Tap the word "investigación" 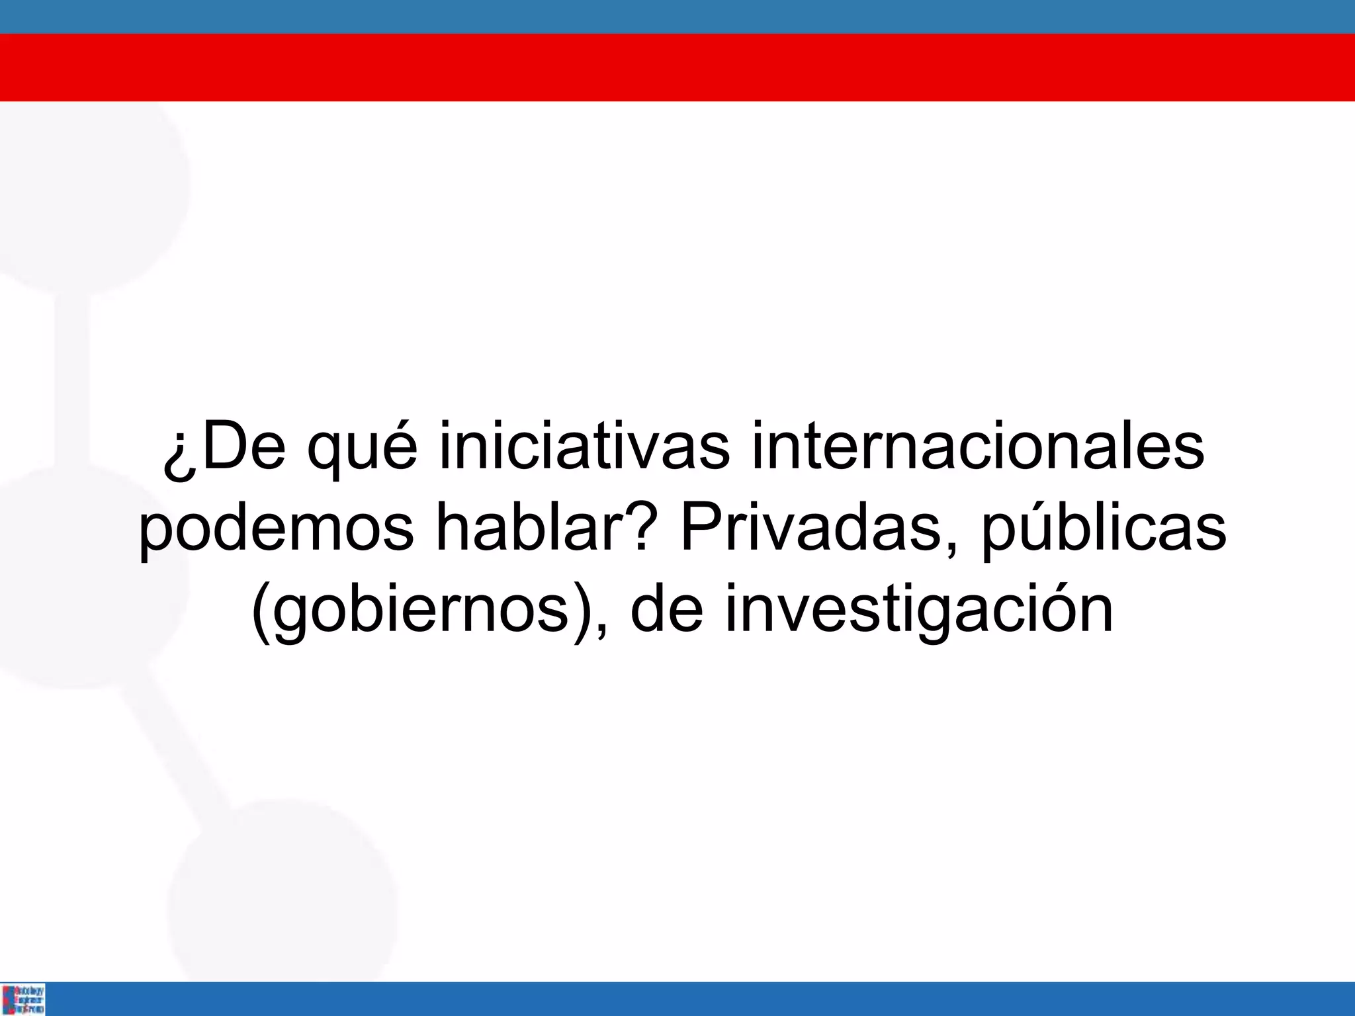pyautogui.click(x=919, y=612)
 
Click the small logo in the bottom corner pyautogui.click(x=24, y=999)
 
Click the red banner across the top pyautogui.click(x=677, y=67)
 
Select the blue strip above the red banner pyautogui.click(x=677, y=17)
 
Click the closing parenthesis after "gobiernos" pyautogui.click(x=580, y=612)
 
